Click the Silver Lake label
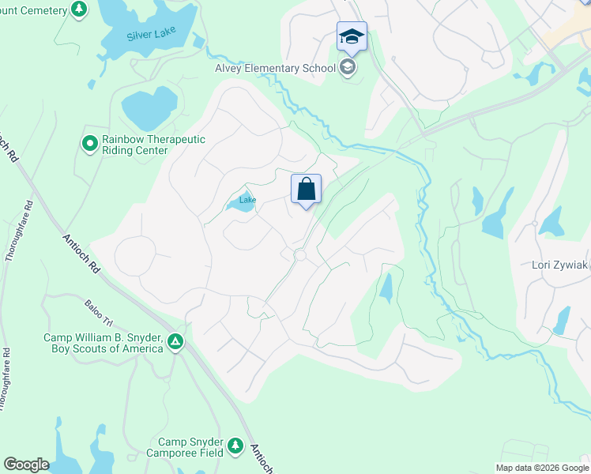tap(152, 36)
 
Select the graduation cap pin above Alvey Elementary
tap(352, 36)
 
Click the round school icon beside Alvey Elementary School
tap(347, 67)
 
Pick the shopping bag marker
tap(307, 190)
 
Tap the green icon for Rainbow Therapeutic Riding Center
tap(89, 144)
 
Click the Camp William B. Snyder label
tap(103, 343)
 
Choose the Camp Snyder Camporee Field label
tap(185, 447)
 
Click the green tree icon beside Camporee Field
tap(235, 447)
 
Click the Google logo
tap(26, 465)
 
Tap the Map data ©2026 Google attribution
tap(541, 468)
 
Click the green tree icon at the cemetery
tap(78, 9)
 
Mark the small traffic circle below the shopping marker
tap(299, 255)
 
